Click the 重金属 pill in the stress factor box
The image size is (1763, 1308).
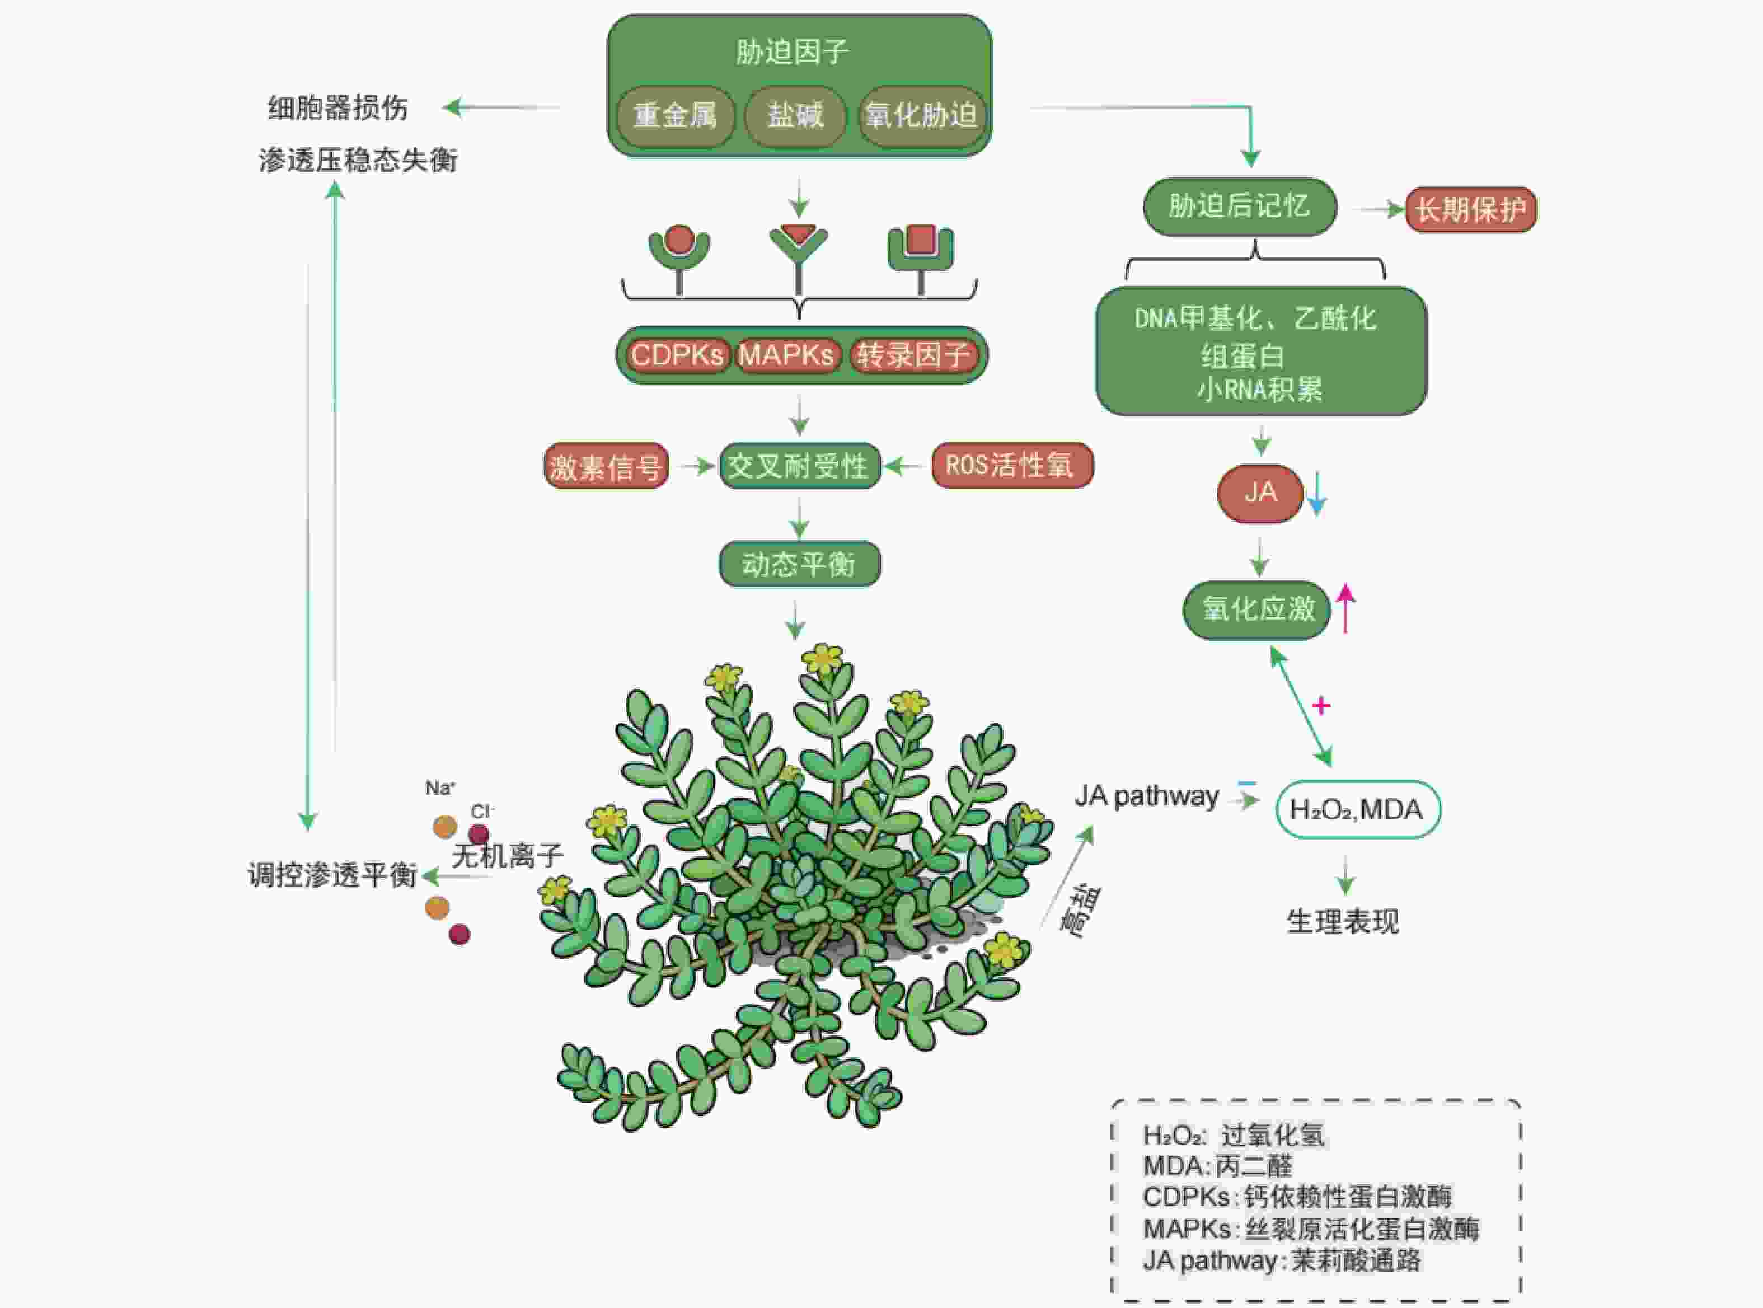[x=674, y=116]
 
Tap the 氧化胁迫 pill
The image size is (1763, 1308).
[x=921, y=116]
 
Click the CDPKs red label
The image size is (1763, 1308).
[x=677, y=355]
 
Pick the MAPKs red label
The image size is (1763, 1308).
[x=786, y=355]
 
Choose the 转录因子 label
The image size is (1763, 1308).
[x=913, y=355]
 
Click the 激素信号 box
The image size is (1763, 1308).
[x=606, y=466]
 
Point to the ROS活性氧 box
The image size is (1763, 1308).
[x=1011, y=465]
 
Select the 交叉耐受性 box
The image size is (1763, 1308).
[x=799, y=466]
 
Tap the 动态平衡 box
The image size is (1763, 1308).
[x=799, y=564]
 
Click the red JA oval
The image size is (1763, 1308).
[x=1259, y=493]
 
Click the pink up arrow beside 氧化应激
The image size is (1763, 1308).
[x=1345, y=608]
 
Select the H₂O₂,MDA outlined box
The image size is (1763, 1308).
[x=1357, y=809]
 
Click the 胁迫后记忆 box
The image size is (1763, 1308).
[x=1239, y=207]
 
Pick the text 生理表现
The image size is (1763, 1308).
[x=1343, y=921]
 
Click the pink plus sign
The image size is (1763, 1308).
[x=1320, y=705]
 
